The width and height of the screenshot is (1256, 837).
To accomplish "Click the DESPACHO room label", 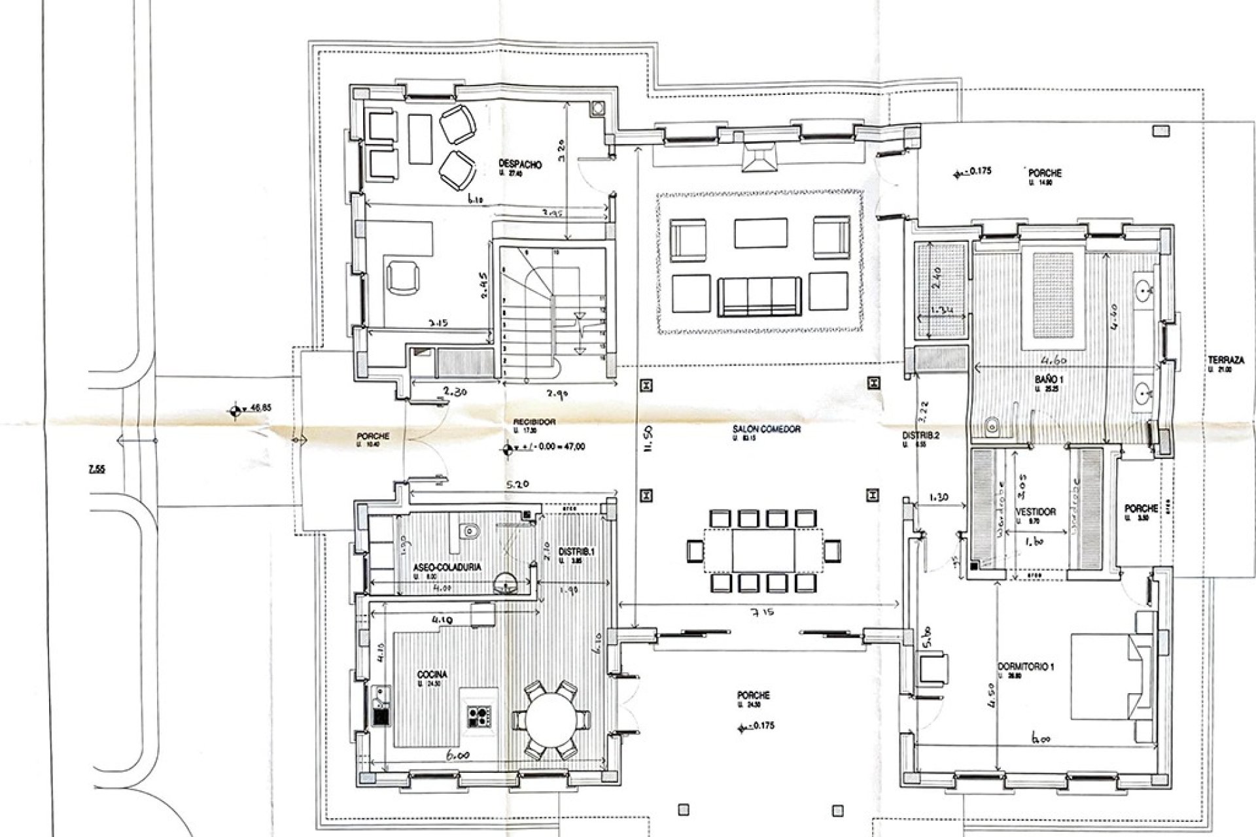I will click(520, 165).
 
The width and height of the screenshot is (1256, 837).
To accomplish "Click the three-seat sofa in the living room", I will click(759, 296).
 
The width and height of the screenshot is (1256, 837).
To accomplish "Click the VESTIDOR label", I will click(1036, 512).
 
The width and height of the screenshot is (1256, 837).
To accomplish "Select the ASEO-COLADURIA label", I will click(447, 568).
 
